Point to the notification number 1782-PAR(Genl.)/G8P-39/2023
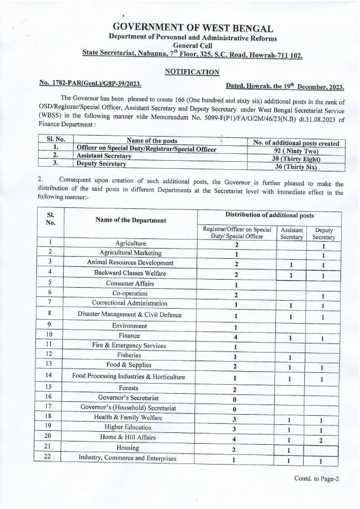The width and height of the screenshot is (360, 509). click(91, 84)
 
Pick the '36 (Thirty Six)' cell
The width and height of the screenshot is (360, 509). click(296, 167)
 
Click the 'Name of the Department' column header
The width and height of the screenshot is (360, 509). click(130, 220)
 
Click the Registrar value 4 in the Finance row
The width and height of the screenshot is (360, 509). click(236, 337)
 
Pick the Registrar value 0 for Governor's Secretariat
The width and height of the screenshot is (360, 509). click(236, 399)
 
